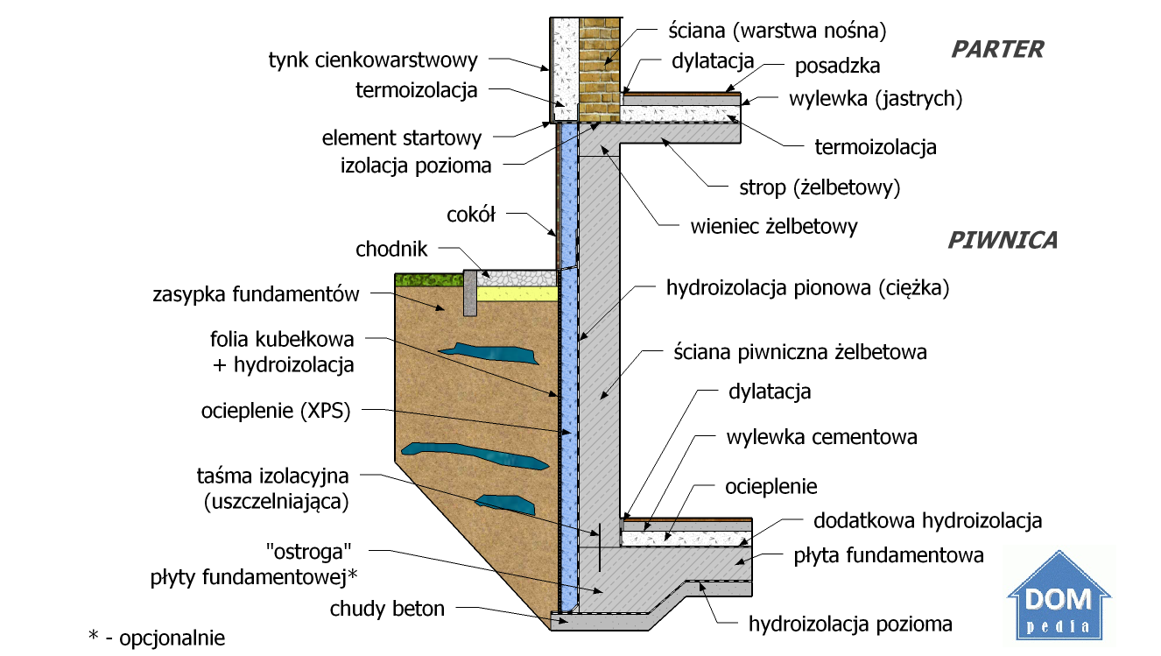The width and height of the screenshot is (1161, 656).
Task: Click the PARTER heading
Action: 997,49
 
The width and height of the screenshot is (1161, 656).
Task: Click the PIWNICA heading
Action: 1003,240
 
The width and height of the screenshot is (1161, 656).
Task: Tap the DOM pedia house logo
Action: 1059,596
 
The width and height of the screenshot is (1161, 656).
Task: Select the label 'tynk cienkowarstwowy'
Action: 373,60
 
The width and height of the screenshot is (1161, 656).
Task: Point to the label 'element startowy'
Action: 402,138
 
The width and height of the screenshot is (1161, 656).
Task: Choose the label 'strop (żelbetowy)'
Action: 820,187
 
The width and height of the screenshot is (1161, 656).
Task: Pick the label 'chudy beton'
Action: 387,608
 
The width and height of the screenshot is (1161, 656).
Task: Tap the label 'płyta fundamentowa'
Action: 889,555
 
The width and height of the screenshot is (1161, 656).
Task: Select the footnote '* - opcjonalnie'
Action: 157,638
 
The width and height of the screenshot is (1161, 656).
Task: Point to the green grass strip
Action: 427,280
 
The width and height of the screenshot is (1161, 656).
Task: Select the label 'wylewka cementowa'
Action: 821,436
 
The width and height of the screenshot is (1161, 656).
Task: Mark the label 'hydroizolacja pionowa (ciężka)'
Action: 807,287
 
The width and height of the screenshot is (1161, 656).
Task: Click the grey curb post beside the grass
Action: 469,293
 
